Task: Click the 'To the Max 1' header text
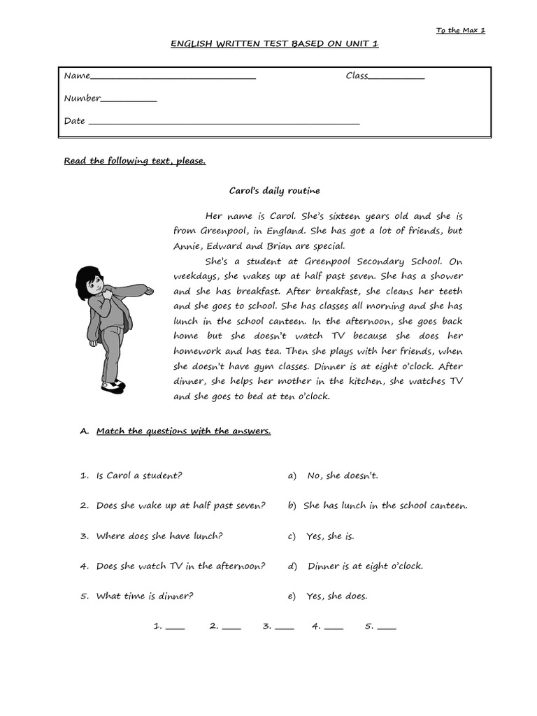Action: click(x=460, y=30)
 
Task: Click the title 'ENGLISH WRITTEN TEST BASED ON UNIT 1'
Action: click(x=275, y=43)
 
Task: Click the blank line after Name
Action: click(x=173, y=77)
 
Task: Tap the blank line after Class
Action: click(x=396, y=77)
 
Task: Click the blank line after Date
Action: click(x=223, y=123)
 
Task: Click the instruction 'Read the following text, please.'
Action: click(x=135, y=161)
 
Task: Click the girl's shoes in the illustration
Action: click(x=112, y=385)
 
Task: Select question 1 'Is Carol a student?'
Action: click(x=138, y=475)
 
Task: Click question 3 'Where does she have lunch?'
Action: click(x=159, y=536)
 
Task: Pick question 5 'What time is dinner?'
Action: click(x=144, y=596)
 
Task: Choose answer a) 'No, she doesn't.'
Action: click(x=342, y=475)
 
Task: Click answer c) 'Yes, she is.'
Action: click(x=330, y=536)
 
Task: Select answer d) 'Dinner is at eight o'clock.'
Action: click(x=364, y=566)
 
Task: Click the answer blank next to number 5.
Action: click(x=387, y=628)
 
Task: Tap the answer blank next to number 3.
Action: click(x=285, y=628)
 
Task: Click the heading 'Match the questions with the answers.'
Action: click(x=183, y=431)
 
